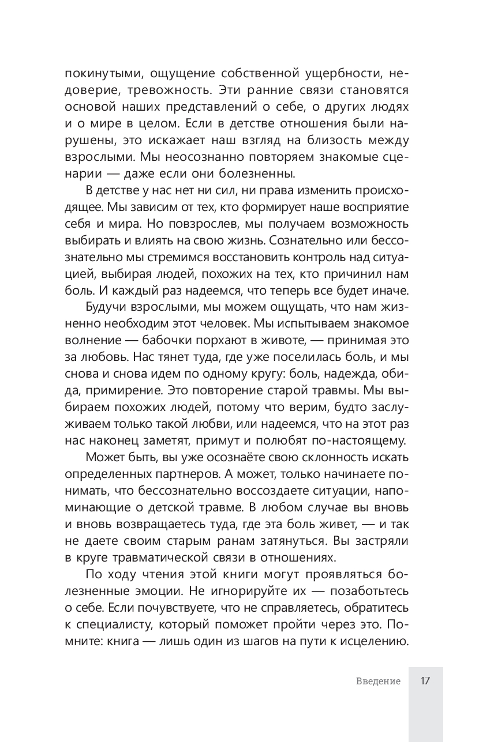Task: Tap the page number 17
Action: (425, 681)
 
